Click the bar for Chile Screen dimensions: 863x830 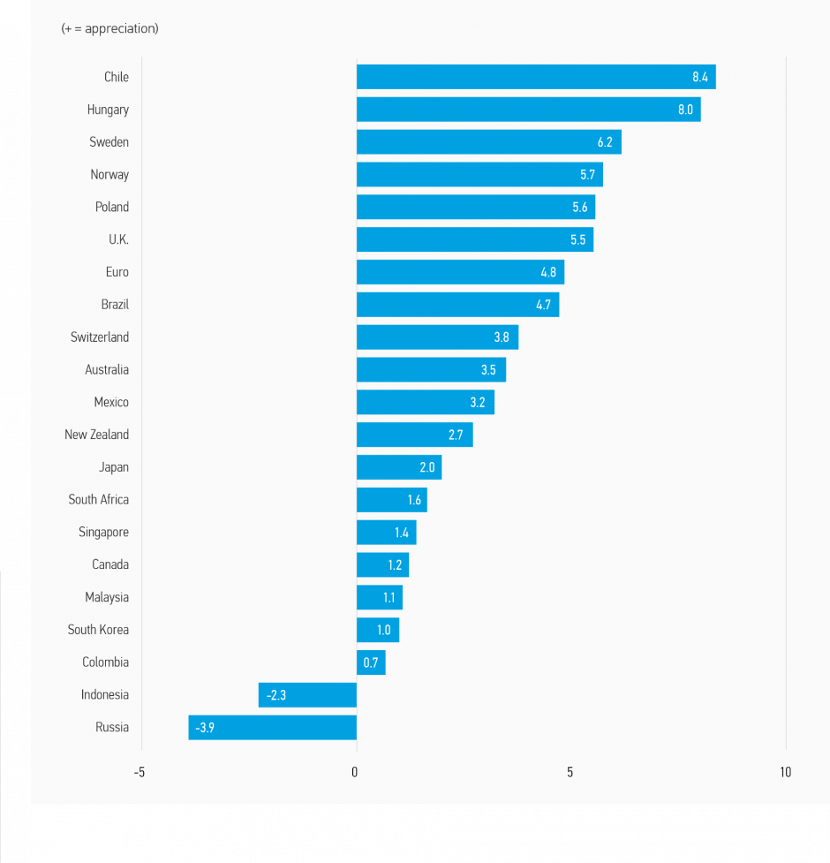(535, 77)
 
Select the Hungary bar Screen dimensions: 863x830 (528, 110)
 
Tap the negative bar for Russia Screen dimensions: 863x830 (272, 727)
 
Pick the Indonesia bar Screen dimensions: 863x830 (307, 695)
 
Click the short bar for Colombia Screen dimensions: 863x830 (371, 662)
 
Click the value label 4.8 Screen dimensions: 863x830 (548, 272)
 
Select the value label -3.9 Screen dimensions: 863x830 (205, 727)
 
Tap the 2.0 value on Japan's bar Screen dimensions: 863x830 (427, 467)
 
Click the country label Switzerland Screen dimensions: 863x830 (100, 337)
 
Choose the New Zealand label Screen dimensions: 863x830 (96, 435)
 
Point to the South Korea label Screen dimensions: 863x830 (98, 630)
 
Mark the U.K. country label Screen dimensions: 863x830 (118, 239)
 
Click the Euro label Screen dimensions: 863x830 (117, 272)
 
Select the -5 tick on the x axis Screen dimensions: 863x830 (140, 772)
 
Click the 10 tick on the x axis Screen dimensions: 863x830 (785, 772)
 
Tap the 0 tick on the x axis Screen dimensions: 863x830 (355, 772)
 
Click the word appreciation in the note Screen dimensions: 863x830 (122, 28)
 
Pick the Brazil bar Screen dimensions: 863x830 (457, 305)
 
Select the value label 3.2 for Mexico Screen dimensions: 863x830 (478, 402)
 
